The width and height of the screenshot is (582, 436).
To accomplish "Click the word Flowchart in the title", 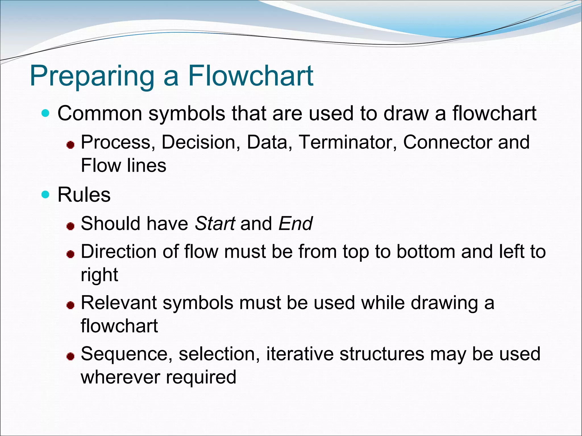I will pyautogui.click(x=251, y=76).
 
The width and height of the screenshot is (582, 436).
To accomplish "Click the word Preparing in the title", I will pyautogui.click(x=92, y=76).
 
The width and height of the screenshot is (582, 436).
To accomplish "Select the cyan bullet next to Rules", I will pyautogui.click(x=45, y=195).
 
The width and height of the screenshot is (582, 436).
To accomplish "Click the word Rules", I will pyautogui.click(x=84, y=195).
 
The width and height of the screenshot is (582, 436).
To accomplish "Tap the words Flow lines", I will pyautogui.click(x=123, y=165).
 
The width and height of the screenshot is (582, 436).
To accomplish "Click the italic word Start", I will pyautogui.click(x=215, y=224).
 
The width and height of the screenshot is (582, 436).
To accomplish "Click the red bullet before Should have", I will pyautogui.click(x=70, y=226).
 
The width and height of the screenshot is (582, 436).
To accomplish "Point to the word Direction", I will pyautogui.click(x=119, y=251).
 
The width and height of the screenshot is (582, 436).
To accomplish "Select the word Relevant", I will pyautogui.click(x=119, y=303).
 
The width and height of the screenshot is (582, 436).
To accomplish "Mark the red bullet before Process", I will pyautogui.click(x=70, y=145).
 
